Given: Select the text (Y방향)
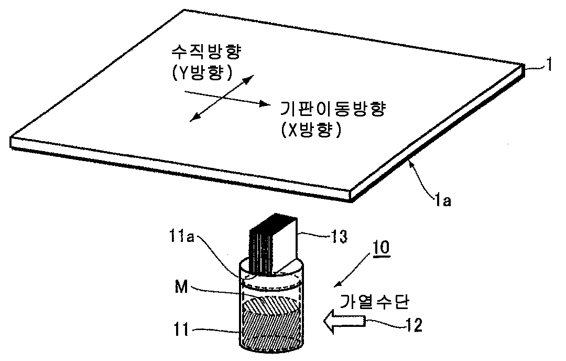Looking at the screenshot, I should tap(202, 73).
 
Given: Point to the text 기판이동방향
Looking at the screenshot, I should tap(319, 108).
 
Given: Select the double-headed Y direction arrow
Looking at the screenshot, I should tap(220, 98).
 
